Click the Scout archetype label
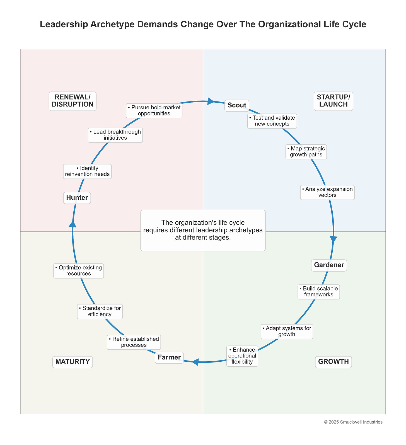click(237, 105)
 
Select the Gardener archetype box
click(329, 265)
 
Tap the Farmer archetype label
click(169, 357)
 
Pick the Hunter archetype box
click(77, 198)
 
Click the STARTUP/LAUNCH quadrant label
click(333, 101)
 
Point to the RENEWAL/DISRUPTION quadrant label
click(72, 101)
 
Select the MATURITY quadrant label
click(72, 362)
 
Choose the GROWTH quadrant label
click(333, 362)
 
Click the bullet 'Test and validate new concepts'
click(272, 121)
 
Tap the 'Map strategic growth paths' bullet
click(306, 152)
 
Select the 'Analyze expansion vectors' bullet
click(327, 192)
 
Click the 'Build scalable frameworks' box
click(318, 292)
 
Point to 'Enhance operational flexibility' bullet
click(242, 356)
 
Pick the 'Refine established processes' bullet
click(134, 342)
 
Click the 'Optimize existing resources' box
click(79, 271)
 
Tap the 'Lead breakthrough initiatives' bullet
click(115, 135)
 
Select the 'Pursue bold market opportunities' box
click(154, 111)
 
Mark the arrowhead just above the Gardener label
click(333, 239)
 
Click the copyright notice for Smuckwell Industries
click(353, 422)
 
